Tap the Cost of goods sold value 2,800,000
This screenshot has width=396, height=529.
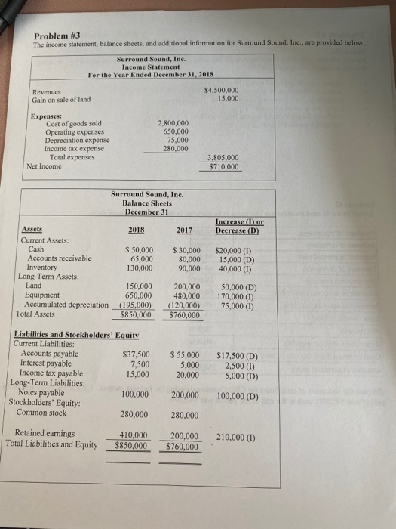point(173,123)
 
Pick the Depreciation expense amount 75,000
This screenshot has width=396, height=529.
point(178,141)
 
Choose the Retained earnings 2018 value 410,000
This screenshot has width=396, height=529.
point(134,435)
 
